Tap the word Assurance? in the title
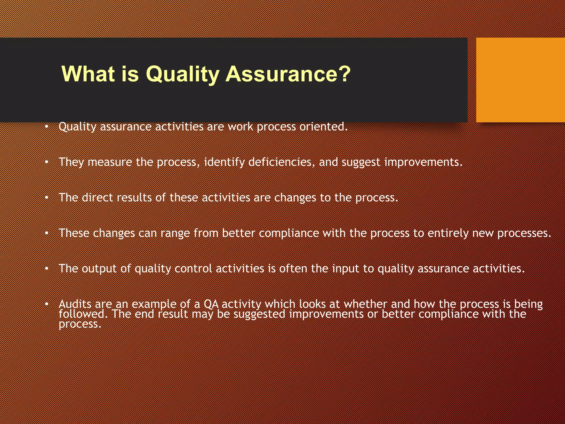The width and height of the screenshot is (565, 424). (x=288, y=74)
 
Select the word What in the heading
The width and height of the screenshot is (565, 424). (x=88, y=74)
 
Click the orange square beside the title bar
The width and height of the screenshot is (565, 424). (x=520, y=80)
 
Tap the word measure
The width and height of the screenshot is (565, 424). (x=110, y=162)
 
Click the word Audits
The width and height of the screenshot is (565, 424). (x=75, y=304)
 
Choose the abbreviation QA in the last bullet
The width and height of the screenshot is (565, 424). (x=211, y=304)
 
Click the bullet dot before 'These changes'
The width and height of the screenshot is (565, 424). (x=47, y=234)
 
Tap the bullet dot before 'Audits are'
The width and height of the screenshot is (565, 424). (x=47, y=304)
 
